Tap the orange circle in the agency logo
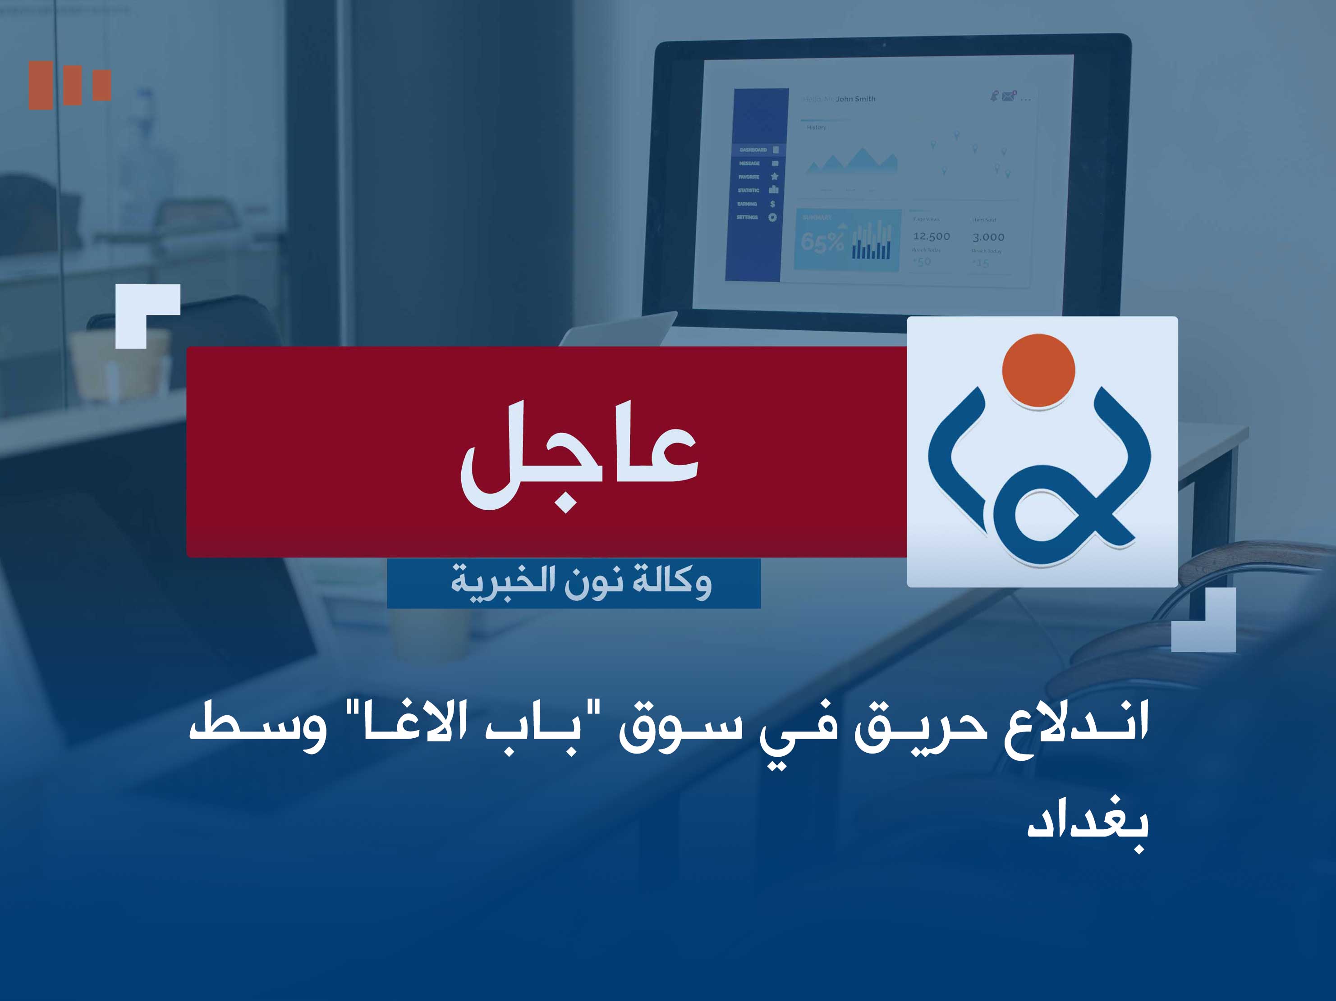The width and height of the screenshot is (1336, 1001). click(1038, 370)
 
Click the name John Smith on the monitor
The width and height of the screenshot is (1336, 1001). click(855, 99)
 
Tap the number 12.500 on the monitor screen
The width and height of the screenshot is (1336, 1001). click(932, 237)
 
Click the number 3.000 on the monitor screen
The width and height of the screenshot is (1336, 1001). click(988, 237)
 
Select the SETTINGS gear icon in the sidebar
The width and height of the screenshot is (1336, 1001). click(772, 217)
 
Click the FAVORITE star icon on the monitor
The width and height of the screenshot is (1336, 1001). click(774, 176)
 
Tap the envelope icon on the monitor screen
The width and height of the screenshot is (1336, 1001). click(1008, 96)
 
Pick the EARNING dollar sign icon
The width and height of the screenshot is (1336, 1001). click(772, 204)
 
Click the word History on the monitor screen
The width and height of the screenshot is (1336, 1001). click(817, 128)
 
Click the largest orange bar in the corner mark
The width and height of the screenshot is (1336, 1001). click(41, 85)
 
